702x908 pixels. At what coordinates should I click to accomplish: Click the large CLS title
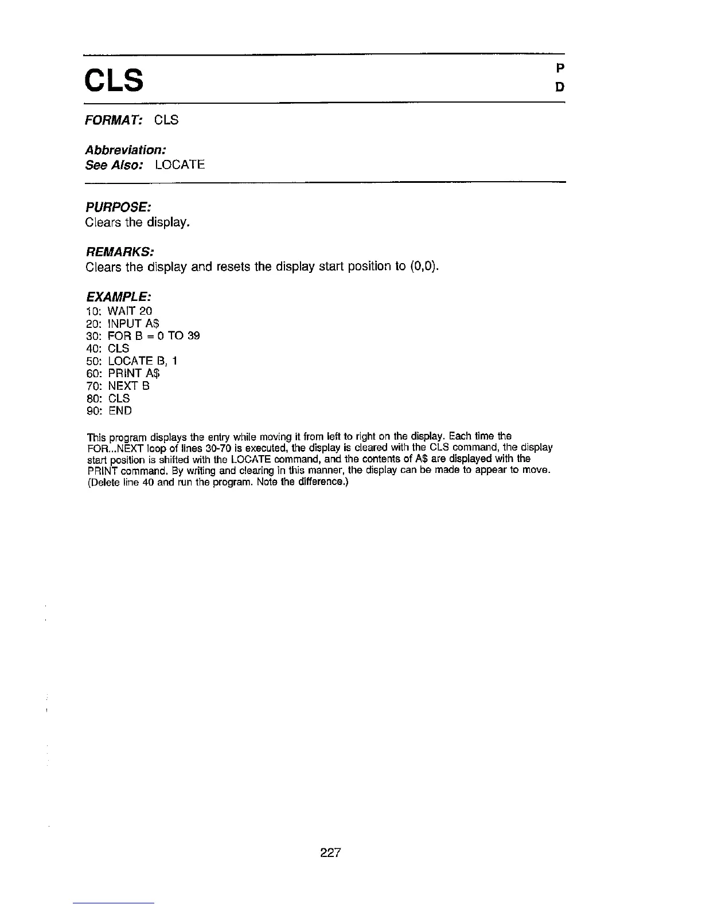(114, 80)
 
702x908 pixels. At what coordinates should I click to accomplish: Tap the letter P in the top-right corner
(560, 68)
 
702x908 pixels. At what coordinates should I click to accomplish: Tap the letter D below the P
(560, 87)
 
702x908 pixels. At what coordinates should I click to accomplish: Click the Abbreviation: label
(126, 150)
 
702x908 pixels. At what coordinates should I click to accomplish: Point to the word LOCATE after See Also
(180, 165)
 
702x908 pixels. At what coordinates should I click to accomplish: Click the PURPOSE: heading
(118, 206)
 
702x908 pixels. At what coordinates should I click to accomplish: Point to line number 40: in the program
(93, 349)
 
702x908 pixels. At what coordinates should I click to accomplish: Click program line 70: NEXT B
(118, 386)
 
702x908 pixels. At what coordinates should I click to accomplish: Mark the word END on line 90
(120, 411)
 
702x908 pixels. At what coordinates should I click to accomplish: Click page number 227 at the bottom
(330, 853)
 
